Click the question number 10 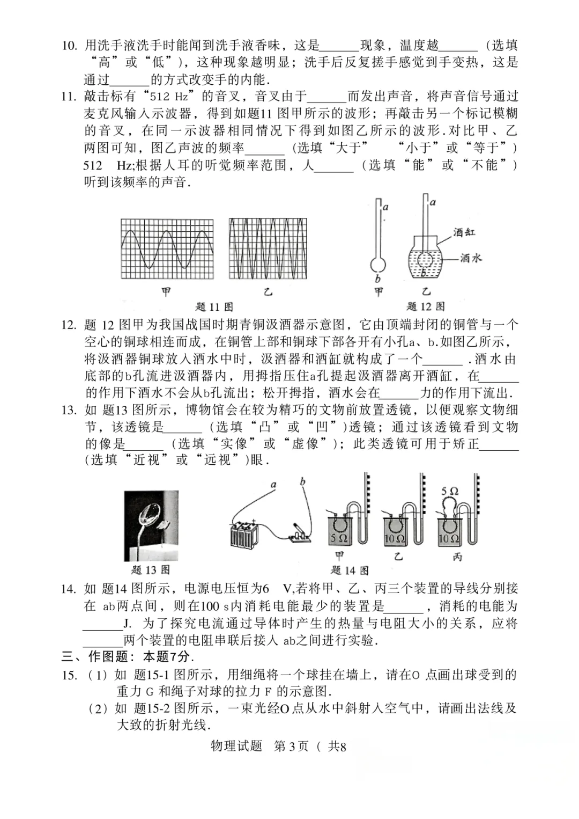click(69, 46)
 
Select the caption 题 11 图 click(214, 307)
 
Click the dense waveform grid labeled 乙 click(268, 249)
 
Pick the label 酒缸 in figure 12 click(464, 232)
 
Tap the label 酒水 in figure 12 click(471, 258)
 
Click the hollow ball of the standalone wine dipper click(378, 265)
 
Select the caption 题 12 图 click(426, 307)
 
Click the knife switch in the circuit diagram click(299, 533)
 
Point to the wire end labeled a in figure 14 click(273, 485)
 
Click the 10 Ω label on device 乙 click(395, 538)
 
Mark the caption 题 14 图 click(350, 570)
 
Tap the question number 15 click(69, 675)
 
